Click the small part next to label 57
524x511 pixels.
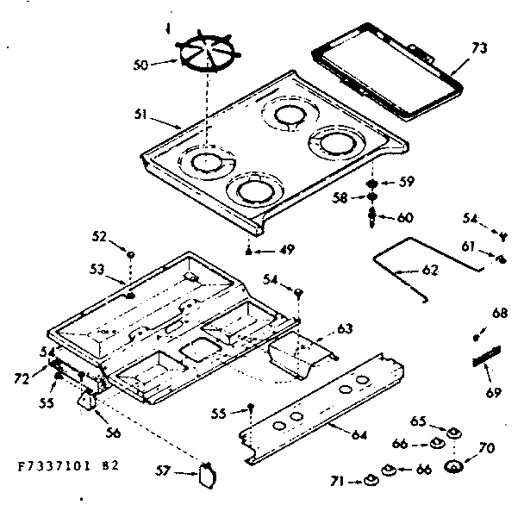[x=205, y=472]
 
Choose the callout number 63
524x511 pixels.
[x=345, y=327]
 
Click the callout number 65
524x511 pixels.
[x=417, y=422]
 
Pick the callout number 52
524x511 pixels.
[x=100, y=235]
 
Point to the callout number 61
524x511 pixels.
[x=468, y=247]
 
